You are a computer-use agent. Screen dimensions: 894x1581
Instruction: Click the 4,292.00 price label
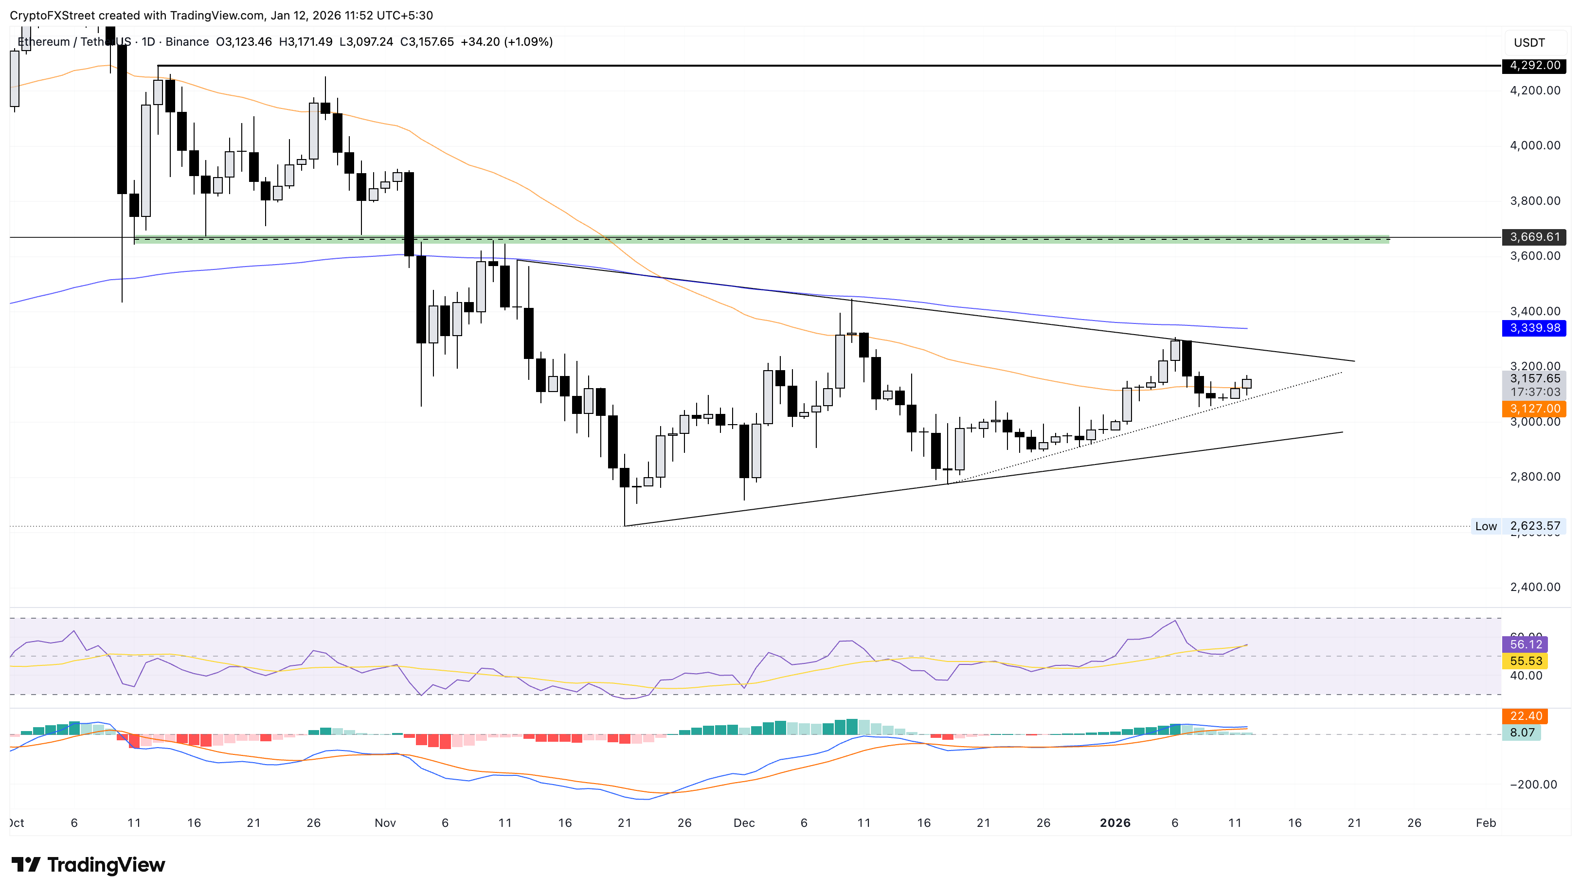tap(1534, 65)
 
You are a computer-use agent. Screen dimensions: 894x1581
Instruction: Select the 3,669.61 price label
tap(1534, 237)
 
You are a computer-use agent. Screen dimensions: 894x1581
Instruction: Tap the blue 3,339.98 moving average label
tap(1534, 328)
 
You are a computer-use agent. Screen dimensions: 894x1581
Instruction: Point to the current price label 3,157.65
tap(1534, 379)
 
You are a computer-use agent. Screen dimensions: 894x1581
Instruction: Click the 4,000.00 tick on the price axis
tap(1534, 145)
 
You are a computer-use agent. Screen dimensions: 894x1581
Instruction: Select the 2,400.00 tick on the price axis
tap(1534, 587)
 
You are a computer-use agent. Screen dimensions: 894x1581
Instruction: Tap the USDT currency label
tap(1529, 43)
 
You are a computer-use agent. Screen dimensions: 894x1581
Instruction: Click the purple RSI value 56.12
tap(1525, 644)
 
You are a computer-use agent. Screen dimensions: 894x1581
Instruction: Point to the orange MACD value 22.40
tap(1525, 716)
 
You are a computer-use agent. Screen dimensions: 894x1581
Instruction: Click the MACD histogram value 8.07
tap(1522, 733)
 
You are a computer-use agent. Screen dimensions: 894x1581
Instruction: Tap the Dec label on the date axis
tap(743, 823)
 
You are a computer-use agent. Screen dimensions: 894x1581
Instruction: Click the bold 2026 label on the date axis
tap(1115, 823)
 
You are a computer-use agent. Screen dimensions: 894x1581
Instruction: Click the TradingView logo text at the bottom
tap(89, 865)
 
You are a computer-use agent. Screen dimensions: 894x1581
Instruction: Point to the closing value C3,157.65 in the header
tap(427, 42)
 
